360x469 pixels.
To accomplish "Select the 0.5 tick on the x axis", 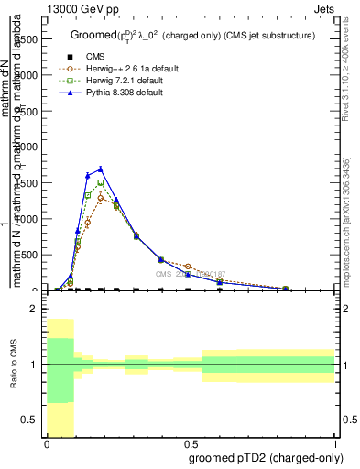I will click(191, 443).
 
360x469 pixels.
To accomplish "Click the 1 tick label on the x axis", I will click(335, 443).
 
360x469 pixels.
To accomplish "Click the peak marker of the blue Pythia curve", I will click(101, 169).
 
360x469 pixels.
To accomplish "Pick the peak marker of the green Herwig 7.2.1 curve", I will click(101, 182).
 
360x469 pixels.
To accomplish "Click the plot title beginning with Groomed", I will click(192, 35).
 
